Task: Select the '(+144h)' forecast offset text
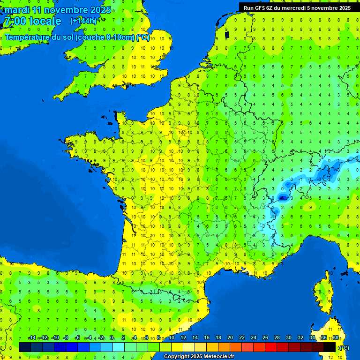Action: [83, 21]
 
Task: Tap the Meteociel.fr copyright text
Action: [199, 357]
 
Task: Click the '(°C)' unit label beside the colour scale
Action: [344, 348]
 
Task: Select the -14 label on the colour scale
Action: [32, 338]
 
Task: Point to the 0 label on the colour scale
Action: [112, 338]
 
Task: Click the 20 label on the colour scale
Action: [230, 338]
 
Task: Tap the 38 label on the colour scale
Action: [336, 338]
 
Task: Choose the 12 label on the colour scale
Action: [183, 338]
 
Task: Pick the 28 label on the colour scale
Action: [277, 338]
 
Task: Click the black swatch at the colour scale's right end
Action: [330, 347]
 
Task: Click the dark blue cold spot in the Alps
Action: [283, 198]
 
